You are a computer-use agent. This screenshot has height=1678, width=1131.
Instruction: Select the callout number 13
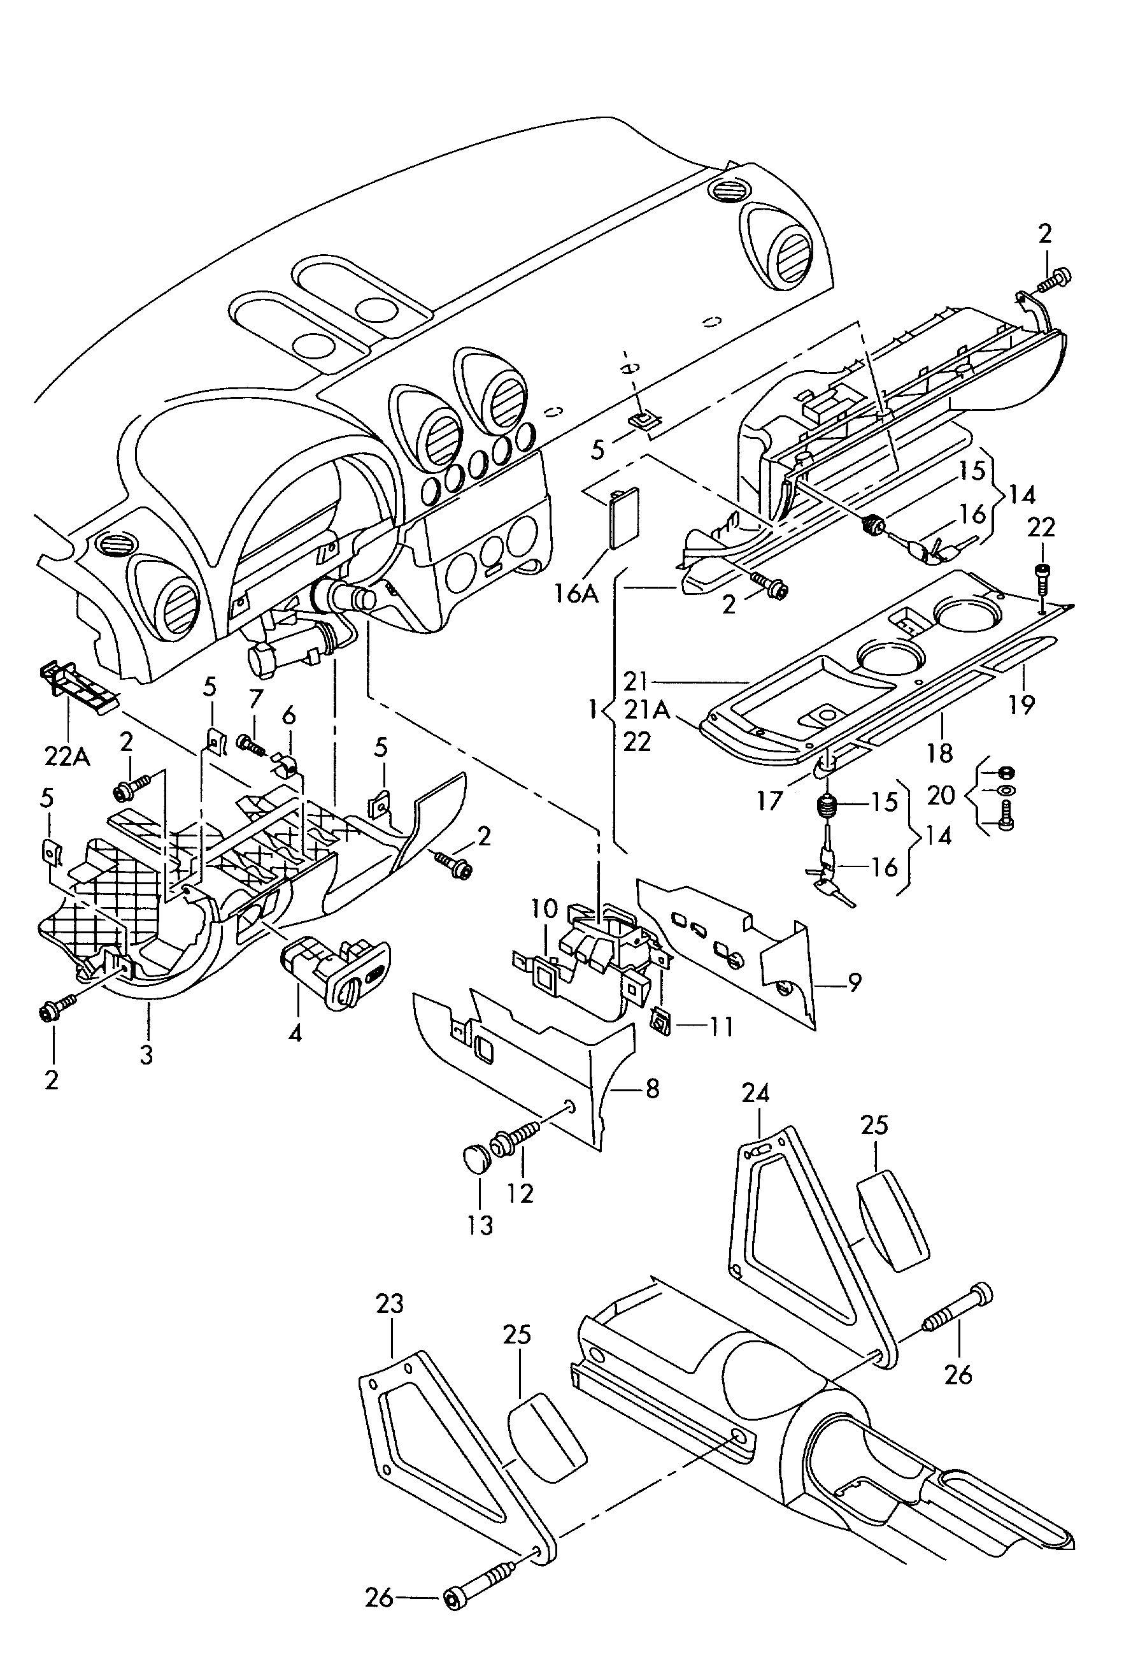click(x=480, y=1224)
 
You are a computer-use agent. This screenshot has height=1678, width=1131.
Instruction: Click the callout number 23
click(x=390, y=1303)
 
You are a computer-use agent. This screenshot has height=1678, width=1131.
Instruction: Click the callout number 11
click(x=722, y=1026)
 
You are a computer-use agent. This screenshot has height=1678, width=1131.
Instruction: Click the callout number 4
click(x=295, y=1034)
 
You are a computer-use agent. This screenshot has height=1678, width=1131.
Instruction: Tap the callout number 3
click(x=146, y=1055)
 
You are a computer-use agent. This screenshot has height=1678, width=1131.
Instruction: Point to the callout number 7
click(x=256, y=698)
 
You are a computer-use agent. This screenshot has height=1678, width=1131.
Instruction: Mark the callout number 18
click(x=940, y=752)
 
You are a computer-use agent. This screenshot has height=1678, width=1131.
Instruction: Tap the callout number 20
click(x=941, y=795)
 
